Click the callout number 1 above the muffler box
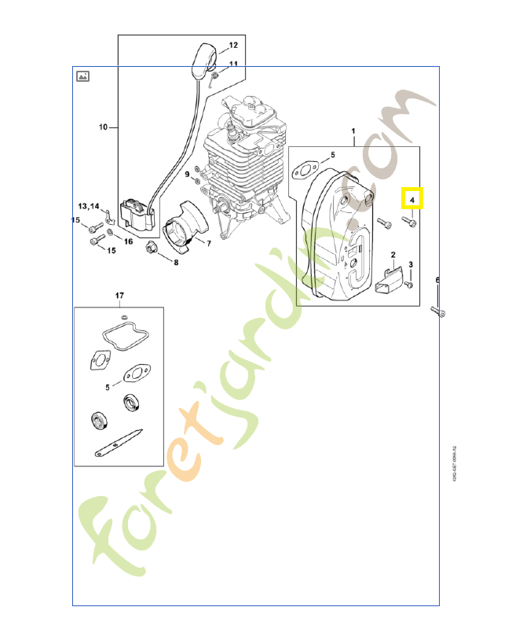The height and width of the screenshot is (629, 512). pyautogui.click(x=353, y=131)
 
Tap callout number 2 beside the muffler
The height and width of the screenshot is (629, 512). pyautogui.click(x=393, y=256)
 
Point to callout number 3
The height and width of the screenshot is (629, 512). pyautogui.click(x=411, y=263)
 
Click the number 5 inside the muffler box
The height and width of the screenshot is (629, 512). pyautogui.click(x=332, y=156)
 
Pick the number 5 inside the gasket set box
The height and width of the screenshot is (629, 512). pyautogui.click(x=108, y=386)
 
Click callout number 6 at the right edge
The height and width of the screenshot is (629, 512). pyautogui.click(x=438, y=280)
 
